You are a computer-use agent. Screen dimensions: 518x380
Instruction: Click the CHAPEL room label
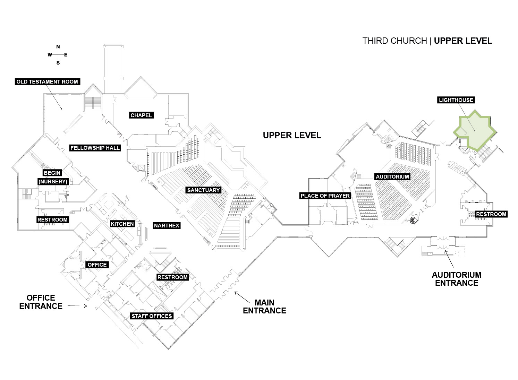coord(141,115)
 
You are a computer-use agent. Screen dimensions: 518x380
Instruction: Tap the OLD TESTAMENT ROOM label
coord(48,81)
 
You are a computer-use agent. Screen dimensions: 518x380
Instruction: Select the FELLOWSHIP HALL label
coord(95,148)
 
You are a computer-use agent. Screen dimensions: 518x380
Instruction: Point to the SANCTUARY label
coord(204,190)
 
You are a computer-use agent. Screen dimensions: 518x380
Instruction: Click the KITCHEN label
coord(122,224)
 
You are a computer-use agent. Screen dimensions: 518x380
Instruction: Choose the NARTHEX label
coord(167,226)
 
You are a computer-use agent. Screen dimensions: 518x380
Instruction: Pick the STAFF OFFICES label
coord(152,316)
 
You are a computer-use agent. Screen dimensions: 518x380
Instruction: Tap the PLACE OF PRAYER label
coord(325,196)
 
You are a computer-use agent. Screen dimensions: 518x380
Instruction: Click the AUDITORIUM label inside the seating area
coord(392,176)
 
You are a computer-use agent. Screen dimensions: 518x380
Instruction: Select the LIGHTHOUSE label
coord(456,100)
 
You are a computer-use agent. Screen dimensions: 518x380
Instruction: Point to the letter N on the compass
coord(58,47)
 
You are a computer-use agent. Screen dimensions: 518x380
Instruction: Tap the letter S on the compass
coord(58,63)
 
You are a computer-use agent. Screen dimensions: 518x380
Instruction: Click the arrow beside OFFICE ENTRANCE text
coord(77,306)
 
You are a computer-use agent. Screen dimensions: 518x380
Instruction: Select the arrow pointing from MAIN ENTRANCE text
coord(242,297)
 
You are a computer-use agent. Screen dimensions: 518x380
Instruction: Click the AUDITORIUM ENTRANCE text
coord(457,279)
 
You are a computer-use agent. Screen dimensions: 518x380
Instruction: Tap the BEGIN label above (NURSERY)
coord(52,173)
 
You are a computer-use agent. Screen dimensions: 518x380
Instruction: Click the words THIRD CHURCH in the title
coord(394,41)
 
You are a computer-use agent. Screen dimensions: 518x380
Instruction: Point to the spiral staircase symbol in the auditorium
coord(413,221)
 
